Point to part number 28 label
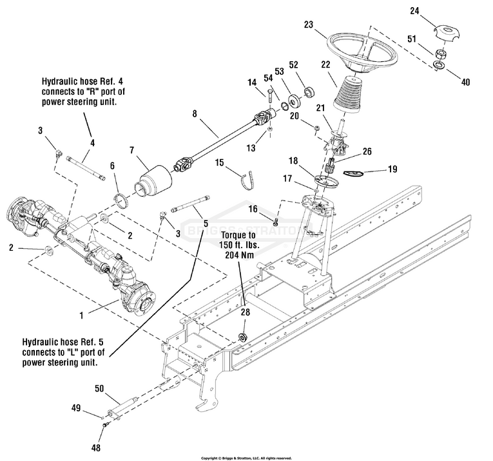coord(245,311)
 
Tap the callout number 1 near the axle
coord(81,317)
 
